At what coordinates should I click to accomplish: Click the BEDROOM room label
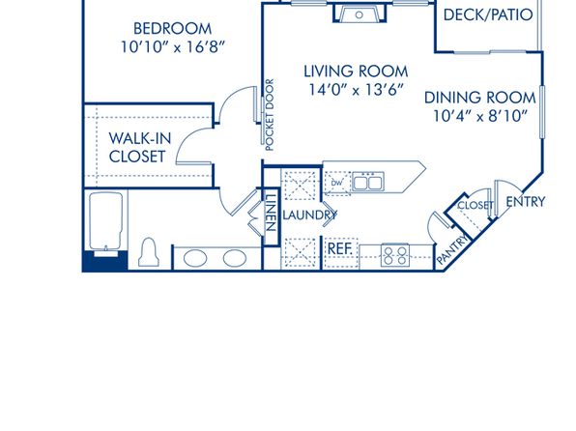[172, 29]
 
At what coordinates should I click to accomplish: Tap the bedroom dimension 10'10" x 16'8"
[173, 47]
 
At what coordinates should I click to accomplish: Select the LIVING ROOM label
[356, 72]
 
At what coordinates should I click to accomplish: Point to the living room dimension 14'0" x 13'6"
[356, 90]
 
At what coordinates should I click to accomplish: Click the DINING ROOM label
[479, 98]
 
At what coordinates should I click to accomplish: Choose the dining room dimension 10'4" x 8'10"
[480, 116]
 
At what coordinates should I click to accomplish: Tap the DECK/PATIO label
[488, 14]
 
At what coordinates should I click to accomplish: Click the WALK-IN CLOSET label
[140, 147]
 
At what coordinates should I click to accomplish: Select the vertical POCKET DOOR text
[270, 115]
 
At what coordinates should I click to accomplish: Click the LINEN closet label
[270, 213]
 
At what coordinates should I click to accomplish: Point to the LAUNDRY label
[309, 215]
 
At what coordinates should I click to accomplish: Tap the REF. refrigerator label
[340, 248]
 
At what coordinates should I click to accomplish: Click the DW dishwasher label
[336, 183]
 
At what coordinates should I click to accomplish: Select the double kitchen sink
[368, 182]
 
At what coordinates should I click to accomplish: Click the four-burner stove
[395, 255]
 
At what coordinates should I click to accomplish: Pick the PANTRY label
[453, 249]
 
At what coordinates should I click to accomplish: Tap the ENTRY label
[526, 202]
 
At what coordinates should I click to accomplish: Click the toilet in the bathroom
[149, 252]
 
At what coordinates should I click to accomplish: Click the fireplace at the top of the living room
[360, 14]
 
